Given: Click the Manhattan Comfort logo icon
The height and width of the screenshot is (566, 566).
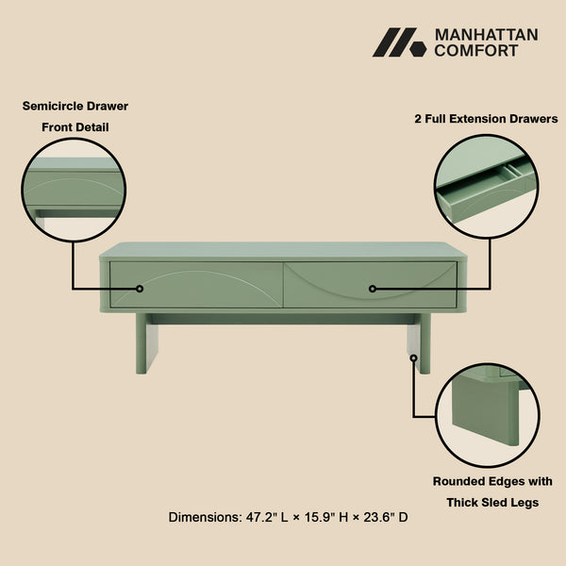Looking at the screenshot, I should [399, 42].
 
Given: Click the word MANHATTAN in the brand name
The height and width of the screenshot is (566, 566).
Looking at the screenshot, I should [486, 35].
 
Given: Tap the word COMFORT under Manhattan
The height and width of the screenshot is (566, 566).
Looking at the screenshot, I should [475, 51].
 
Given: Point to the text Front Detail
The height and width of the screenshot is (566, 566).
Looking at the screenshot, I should [75, 126].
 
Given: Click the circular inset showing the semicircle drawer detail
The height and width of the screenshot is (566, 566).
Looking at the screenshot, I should [75, 189].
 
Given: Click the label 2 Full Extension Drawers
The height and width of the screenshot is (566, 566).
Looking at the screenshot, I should [486, 120].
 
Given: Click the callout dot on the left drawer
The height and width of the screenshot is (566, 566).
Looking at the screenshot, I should [139, 289].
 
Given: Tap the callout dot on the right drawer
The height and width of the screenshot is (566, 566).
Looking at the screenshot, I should [373, 289].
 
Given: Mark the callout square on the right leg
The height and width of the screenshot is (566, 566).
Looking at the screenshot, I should [413, 357].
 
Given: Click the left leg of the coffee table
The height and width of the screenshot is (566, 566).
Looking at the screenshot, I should [147, 343].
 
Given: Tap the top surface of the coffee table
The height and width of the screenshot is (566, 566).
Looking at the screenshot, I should [283, 250].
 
